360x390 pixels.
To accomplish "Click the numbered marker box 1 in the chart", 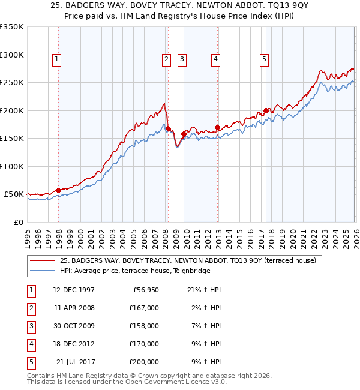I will (x=56, y=59).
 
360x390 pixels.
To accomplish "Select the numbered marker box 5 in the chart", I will (x=264, y=59).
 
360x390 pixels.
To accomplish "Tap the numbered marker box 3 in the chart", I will (x=181, y=59).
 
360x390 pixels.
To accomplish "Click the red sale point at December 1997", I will (x=58, y=190).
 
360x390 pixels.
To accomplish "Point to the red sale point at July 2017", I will (x=266, y=110).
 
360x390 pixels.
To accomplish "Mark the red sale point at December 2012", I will (x=217, y=127).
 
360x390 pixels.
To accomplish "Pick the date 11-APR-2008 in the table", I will (x=74, y=308).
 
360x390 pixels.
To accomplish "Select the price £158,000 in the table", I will (x=144, y=326).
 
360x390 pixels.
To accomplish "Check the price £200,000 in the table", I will (x=144, y=362).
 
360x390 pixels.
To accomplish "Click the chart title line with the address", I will (x=180, y=6).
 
